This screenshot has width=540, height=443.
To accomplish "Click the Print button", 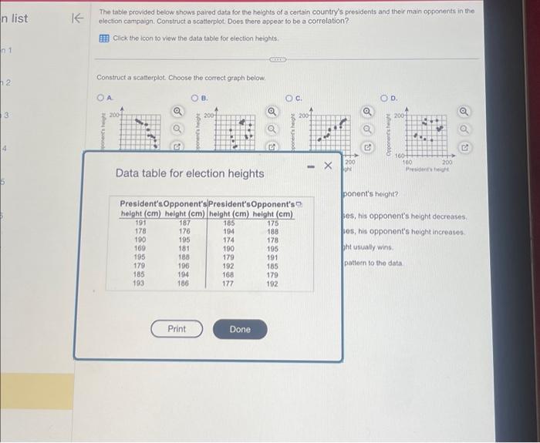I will [177, 329].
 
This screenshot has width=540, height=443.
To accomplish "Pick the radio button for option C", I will [289, 98].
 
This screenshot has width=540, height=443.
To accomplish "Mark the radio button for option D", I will [384, 98].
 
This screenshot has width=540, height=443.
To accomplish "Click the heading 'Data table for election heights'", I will [189, 173].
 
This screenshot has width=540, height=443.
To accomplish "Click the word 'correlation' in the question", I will [328, 21].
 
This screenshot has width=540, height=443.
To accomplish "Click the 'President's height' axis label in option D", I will [437, 168].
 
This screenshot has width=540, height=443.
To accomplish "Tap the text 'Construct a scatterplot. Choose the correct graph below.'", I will [181, 78].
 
